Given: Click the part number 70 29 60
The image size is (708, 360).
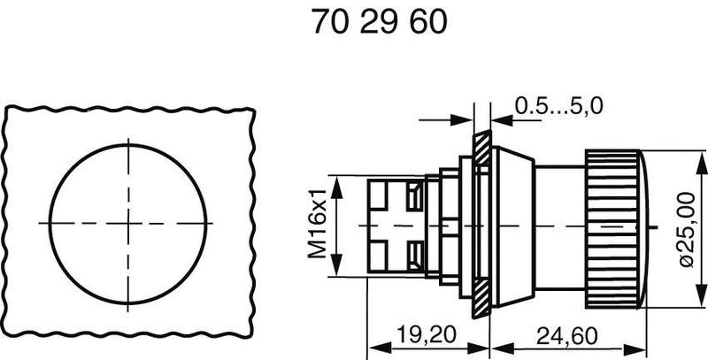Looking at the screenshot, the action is pyautogui.click(x=379, y=22).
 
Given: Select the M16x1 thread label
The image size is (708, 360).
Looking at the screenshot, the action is pyautogui.click(x=317, y=224).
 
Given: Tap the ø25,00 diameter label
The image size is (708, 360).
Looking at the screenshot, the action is pyautogui.click(x=687, y=229).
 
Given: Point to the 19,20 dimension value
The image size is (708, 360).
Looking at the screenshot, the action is pyautogui.click(x=427, y=334).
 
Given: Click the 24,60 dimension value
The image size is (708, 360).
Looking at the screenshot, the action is pyautogui.click(x=566, y=335).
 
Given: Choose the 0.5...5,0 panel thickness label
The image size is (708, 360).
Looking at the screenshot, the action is pyautogui.click(x=559, y=106).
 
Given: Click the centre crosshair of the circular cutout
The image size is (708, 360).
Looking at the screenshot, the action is pyautogui.click(x=128, y=223).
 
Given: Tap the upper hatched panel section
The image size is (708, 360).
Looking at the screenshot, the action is pyautogui.click(x=481, y=149).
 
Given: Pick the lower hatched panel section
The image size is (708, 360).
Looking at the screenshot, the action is pyautogui.click(x=481, y=298).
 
